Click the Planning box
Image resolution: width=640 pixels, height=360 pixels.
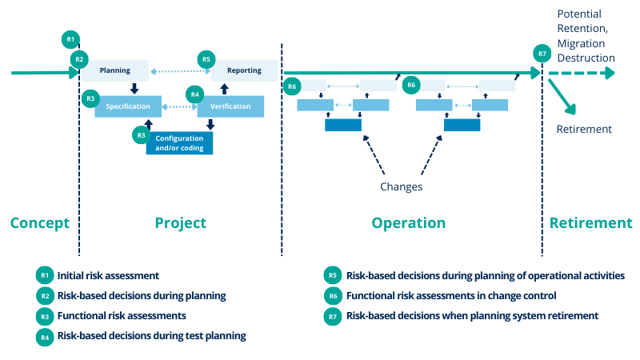(115, 70)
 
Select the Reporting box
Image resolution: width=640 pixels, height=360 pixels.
(244, 70)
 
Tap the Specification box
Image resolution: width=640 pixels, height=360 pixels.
(127, 106)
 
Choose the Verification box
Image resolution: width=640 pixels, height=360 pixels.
(230, 106)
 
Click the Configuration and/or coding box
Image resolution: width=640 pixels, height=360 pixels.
(180, 142)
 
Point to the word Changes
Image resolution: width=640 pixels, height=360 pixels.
(401, 186)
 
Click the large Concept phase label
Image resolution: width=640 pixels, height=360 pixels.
(40, 223)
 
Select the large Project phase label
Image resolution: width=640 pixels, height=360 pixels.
(180, 223)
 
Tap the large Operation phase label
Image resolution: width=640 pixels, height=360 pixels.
(408, 223)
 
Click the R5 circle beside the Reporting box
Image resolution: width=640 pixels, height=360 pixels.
(206, 58)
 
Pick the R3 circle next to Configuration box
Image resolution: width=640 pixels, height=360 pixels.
(141, 135)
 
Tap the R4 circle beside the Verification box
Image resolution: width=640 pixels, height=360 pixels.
(194, 94)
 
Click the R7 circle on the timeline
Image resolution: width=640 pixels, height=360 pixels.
(542, 54)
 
